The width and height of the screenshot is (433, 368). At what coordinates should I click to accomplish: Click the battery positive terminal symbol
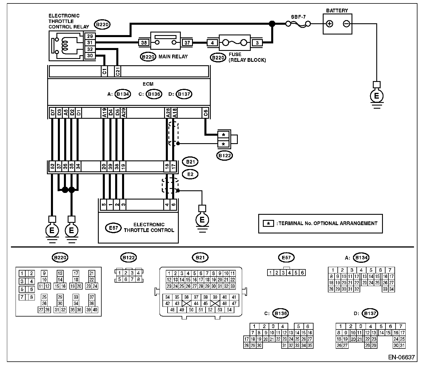click(330, 24)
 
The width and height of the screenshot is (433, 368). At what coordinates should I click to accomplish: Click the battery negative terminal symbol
click(346, 24)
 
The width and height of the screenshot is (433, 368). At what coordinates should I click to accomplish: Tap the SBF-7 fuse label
click(298, 17)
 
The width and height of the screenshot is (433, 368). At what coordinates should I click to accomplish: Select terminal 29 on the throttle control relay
click(90, 36)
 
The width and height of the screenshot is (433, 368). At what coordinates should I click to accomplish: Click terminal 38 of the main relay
click(144, 43)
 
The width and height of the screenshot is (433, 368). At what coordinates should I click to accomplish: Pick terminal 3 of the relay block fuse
click(257, 43)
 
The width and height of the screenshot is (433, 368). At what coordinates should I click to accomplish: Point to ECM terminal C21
click(118, 71)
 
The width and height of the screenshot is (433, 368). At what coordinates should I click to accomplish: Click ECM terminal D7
click(53, 113)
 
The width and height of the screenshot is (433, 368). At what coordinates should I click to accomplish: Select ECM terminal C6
click(206, 113)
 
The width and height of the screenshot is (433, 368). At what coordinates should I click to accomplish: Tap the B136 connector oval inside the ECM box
click(154, 94)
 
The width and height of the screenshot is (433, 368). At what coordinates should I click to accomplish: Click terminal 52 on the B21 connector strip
click(52, 166)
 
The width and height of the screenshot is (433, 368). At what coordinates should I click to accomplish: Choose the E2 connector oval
click(190, 174)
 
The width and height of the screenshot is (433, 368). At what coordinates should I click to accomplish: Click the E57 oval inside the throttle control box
click(113, 228)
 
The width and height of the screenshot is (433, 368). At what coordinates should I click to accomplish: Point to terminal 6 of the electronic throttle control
click(173, 204)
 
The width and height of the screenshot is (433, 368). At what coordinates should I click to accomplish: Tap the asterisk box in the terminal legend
click(268, 223)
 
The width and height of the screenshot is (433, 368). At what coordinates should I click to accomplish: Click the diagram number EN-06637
click(401, 357)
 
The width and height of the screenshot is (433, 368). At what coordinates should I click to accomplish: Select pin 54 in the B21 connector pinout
click(229, 310)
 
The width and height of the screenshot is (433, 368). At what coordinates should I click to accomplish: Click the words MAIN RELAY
click(173, 57)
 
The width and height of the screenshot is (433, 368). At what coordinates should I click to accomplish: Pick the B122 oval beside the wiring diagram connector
click(225, 156)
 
